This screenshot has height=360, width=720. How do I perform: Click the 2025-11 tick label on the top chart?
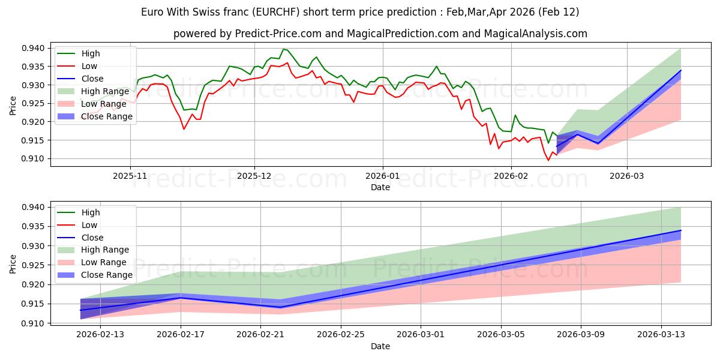click(x=130, y=176)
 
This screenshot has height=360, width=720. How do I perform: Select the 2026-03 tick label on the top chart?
click(x=627, y=176)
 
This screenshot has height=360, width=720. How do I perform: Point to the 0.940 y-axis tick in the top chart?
click(x=34, y=48)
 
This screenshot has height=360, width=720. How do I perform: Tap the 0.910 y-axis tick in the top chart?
click(x=34, y=158)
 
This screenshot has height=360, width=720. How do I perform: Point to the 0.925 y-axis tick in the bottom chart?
click(x=34, y=265)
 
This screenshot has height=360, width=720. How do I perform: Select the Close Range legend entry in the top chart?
click(x=107, y=116)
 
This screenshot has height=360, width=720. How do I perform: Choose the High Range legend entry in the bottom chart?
click(x=106, y=250)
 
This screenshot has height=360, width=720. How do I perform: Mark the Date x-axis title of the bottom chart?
click(x=380, y=346)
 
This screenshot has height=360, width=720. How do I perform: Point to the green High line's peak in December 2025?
click(x=283, y=49)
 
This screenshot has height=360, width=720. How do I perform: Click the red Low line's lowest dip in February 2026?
click(x=548, y=160)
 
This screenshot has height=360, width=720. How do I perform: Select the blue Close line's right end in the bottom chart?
click(x=681, y=230)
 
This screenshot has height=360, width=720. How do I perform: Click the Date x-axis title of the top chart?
click(x=380, y=187)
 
